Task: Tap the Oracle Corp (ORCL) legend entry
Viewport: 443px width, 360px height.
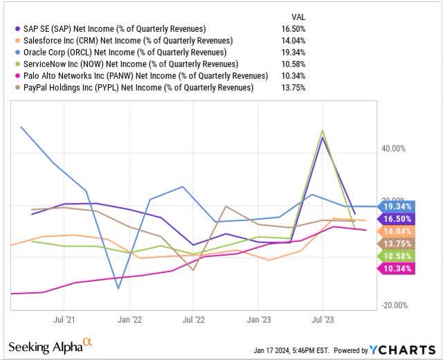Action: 124,52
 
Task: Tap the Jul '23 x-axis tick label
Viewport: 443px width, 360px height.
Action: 323,320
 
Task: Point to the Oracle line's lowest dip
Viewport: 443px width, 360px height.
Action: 118,289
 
